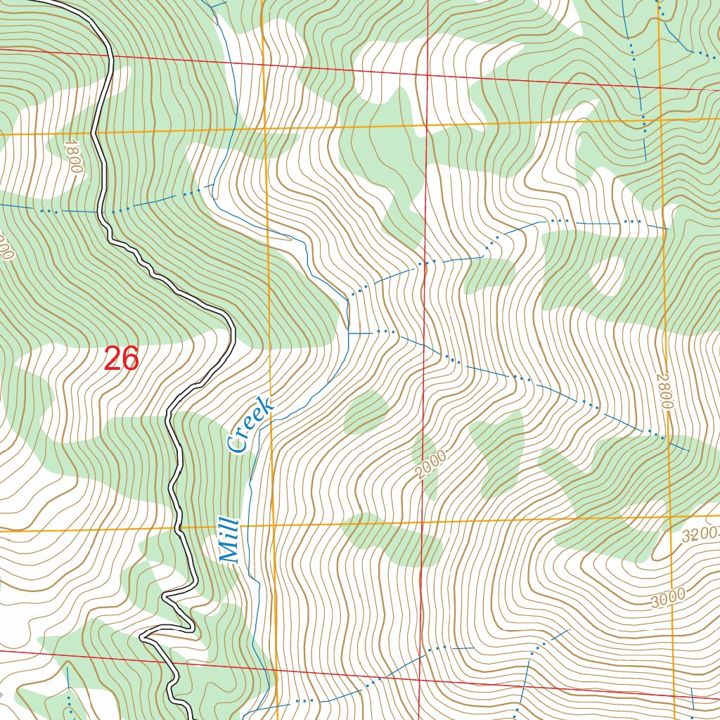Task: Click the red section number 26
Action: click(121, 359)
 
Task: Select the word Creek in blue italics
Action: click(250, 425)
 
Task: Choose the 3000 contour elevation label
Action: click(667, 599)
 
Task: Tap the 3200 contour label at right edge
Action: click(700, 534)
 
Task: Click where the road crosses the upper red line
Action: click(110, 57)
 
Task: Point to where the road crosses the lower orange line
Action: click(181, 527)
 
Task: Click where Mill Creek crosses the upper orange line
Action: click(233, 129)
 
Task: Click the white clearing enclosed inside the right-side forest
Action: click(610, 275)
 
